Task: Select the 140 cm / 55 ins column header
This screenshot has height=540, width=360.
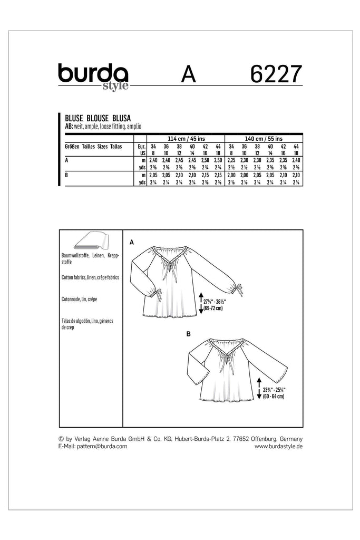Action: click(264, 138)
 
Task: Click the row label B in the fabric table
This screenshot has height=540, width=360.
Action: click(65, 173)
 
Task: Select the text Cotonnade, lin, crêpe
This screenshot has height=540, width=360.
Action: click(80, 298)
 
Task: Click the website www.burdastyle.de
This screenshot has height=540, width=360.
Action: click(278, 446)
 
